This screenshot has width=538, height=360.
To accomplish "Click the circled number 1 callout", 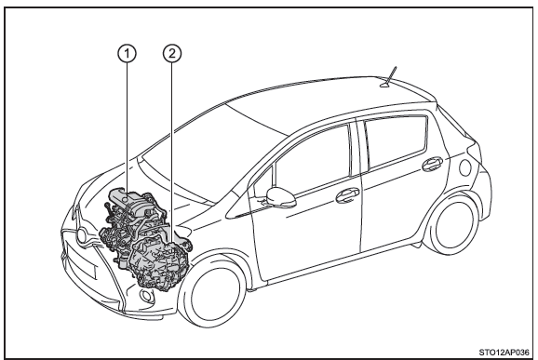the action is coord(127,53).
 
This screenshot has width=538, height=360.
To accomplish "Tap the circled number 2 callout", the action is coord(172,53).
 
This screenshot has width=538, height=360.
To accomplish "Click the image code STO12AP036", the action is coord(504,353).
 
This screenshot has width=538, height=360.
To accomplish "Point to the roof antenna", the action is coord(390,77).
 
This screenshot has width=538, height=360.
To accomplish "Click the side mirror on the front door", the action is coord(281,197).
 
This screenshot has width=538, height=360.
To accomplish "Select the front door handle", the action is coord(347,195).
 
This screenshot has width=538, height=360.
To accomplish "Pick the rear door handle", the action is coord(432,164).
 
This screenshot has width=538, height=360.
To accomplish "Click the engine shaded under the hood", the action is coord(134,223).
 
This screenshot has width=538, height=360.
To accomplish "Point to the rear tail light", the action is coord(466,167).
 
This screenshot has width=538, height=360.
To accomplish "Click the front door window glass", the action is coord(311,159).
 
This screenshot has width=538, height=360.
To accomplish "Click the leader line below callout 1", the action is coord(127,127).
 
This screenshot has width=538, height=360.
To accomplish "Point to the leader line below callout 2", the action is coord(172,153).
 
